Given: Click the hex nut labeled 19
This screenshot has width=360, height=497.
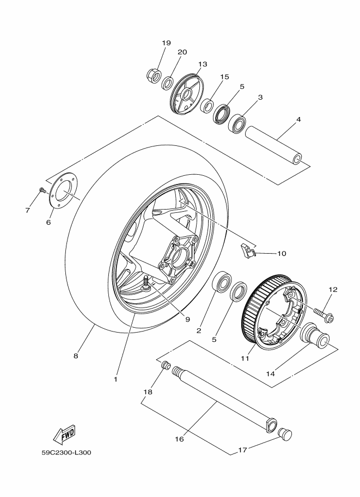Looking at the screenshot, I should pos(154,76).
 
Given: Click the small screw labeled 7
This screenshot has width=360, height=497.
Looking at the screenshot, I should pos(42,189).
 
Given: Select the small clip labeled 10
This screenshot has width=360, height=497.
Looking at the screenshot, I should pos(247,251).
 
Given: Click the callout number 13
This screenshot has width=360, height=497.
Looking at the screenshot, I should pos(203,64).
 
